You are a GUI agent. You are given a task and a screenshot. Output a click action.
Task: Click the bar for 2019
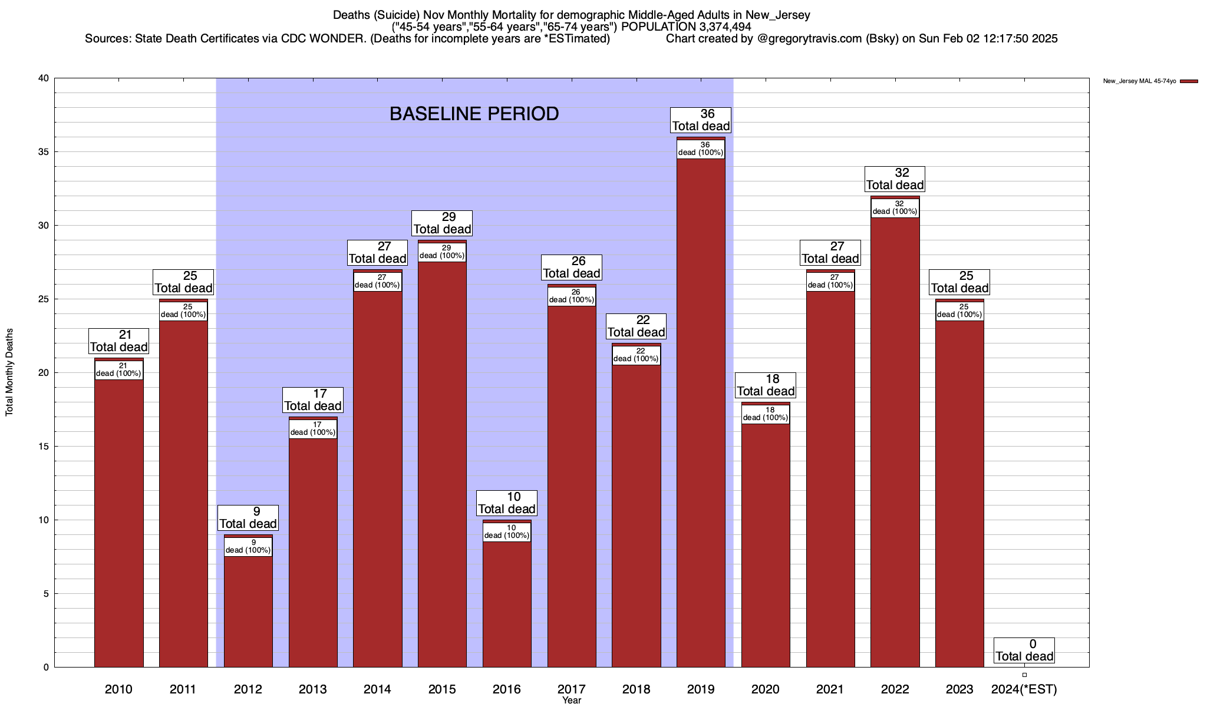pyautogui.click(x=701, y=412)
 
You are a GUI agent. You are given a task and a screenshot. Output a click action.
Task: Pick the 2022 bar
pyautogui.click(x=895, y=442)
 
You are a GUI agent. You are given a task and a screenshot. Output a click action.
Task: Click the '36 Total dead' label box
pyautogui.click(x=701, y=120)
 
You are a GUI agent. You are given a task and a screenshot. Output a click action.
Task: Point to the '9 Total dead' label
pyautogui.click(x=248, y=518)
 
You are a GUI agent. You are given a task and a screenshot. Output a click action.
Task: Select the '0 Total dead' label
pyautogui.click(x=1024, y=650)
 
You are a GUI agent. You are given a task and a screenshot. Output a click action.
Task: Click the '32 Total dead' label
pyautogui.click(x=895, y=179)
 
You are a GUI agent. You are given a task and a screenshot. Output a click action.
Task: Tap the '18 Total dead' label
pyautogui.click(x=766, y=385)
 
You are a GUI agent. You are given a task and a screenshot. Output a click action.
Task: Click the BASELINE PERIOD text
pyautogui.click(x=474, y=114)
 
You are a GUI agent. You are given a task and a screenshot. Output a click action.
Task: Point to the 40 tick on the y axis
pyautogui.click(x=43, y=78)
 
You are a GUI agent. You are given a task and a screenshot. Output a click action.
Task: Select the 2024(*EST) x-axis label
pyautogui.click(x=1024, y=689)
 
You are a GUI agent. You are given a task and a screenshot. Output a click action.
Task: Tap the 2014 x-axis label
pyautogui.click(x=377, y=689)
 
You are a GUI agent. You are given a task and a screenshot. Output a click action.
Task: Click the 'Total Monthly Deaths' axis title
pyautogui.click(x=9, y=372)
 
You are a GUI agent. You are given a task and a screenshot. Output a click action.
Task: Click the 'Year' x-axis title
pyautogui.click(x=571, y=701)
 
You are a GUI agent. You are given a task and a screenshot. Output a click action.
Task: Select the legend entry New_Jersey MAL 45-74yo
pyautogui.click(x=1149, y=81)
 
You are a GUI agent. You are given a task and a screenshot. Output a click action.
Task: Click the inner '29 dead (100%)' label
pyautogui.click(x=442, y=252)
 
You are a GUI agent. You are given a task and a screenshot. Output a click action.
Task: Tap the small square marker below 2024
pyautogui.click(x=1024, y=675)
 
